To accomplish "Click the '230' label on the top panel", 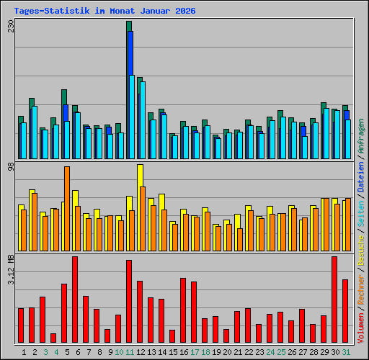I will pyautogui.click(x=11, y=27).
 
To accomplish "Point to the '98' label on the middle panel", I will pyautogui.click(x=11, y=167).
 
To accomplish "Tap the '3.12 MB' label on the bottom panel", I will pyautogui.click(x=11, y=269).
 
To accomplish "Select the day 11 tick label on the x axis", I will pyautogui.click(x=130, y=352).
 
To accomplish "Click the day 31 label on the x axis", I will pyautogui.click(x=346, y=352).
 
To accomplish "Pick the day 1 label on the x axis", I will pyautogui.click(x=24, y=352).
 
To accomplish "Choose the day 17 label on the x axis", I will pyautogui.click(x=195, y=352).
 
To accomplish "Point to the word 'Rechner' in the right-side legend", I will pyautogui.click(x=360, y=289).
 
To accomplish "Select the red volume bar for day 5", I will pyautogui.click(x=75, y=299).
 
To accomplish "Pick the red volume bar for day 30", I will pyautogui.click(x=334, y=299).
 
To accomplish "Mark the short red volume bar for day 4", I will pyautogui.click(x=53, y=338).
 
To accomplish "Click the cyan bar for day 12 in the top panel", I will pyautogui.click(x=143, y=119).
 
